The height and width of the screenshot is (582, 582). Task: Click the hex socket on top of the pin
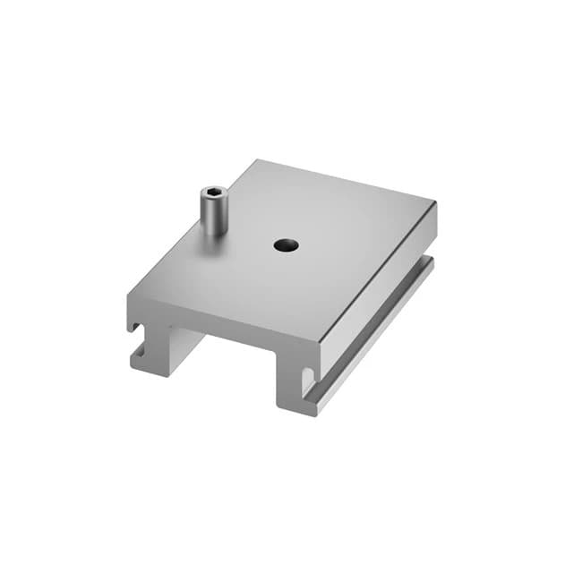(212, 192)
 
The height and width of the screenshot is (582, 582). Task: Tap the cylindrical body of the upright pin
(211, 215)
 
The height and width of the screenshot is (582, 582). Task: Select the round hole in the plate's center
(286, 244)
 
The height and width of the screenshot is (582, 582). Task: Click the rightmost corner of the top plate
(436, 203)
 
